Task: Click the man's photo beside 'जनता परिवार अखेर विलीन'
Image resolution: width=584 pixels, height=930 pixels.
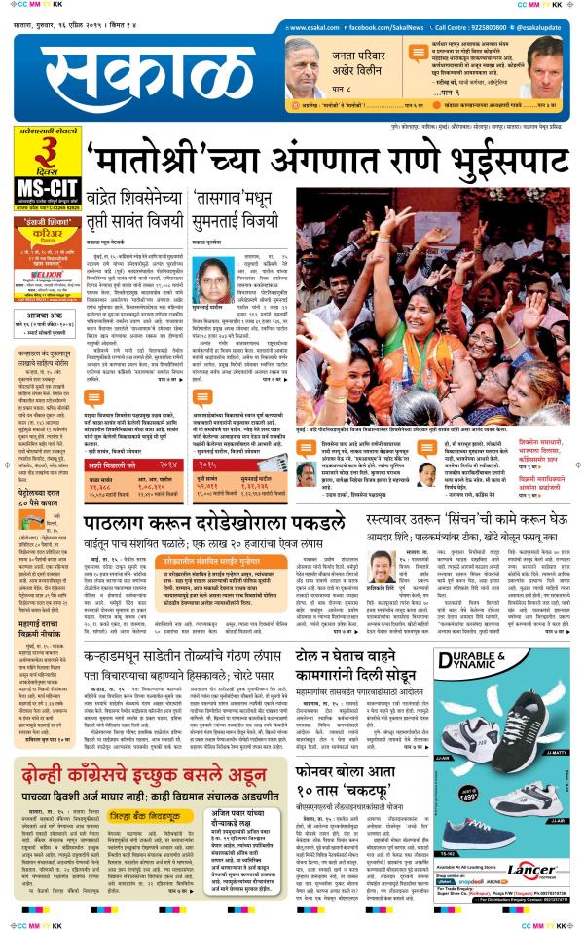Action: click(305, 69)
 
